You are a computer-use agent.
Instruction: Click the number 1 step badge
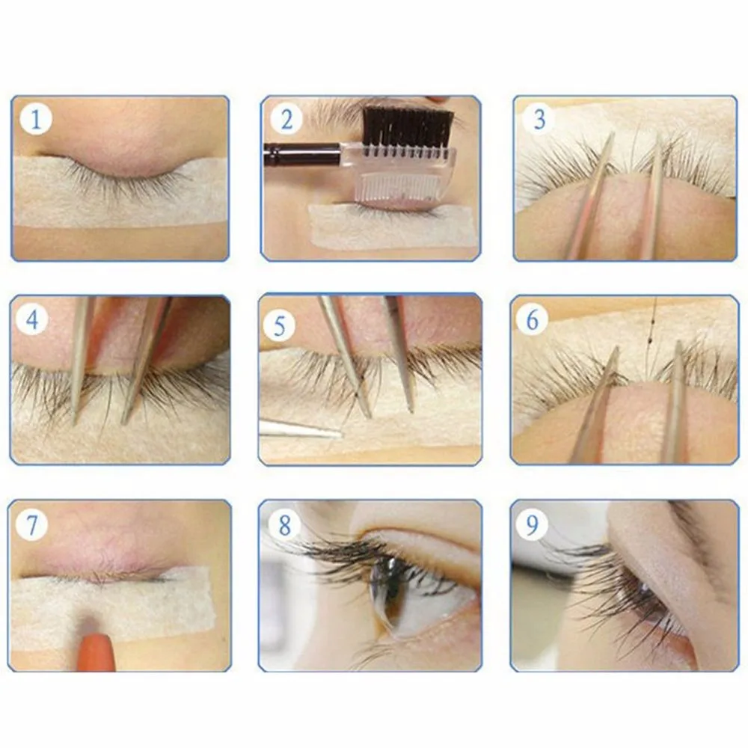[x=35, y=118]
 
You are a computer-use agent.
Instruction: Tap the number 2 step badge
[x=286, y=119]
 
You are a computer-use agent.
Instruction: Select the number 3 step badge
[x=539, y=119]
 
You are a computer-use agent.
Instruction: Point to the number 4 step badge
[x=32, y=319]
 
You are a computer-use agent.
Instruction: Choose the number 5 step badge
[x=279, y=325]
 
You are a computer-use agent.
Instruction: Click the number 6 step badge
[x=532, y=319]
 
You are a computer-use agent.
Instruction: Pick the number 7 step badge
[x=31, y=524]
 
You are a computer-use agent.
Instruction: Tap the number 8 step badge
[x=283, y=525]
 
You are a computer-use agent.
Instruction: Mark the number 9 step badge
[x=531, y=524]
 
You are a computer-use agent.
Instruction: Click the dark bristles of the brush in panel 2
[x=407, y=128]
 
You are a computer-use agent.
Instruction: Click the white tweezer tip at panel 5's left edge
[x=301, y=428]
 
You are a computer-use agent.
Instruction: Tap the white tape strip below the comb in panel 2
[x=392, y=227]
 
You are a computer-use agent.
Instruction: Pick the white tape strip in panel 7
[x=113, y=609]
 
